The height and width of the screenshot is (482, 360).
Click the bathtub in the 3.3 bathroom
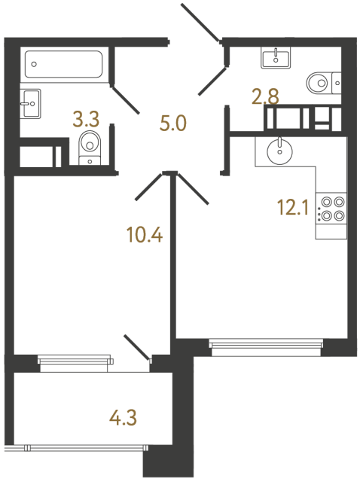63,64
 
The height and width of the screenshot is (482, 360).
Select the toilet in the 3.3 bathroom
90,146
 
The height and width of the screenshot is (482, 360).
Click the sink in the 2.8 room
276,56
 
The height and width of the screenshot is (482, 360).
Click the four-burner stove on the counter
332,209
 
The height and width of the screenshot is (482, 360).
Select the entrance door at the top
200,20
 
